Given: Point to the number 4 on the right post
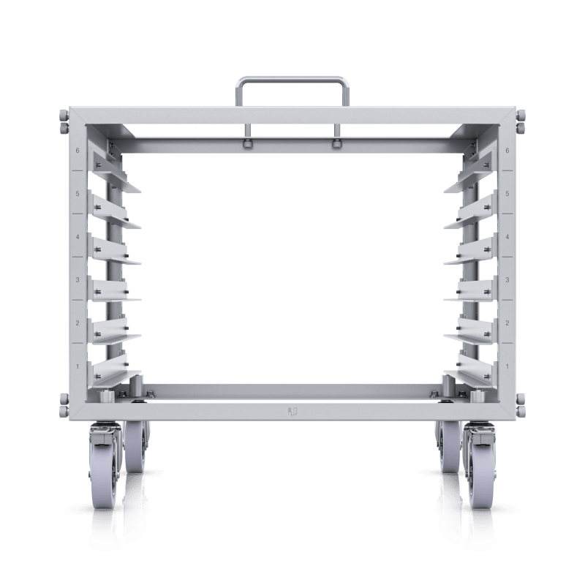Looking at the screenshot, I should [x=507, y=237].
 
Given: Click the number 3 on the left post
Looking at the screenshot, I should [x=78, y=280].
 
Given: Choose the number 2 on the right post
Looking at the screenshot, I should [x=507, y=322].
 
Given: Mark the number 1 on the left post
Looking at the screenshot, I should [x=78, y=365].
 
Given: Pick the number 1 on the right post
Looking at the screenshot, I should [x=507, y=365].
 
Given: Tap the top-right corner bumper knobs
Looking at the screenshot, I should [x=521, y=121].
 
